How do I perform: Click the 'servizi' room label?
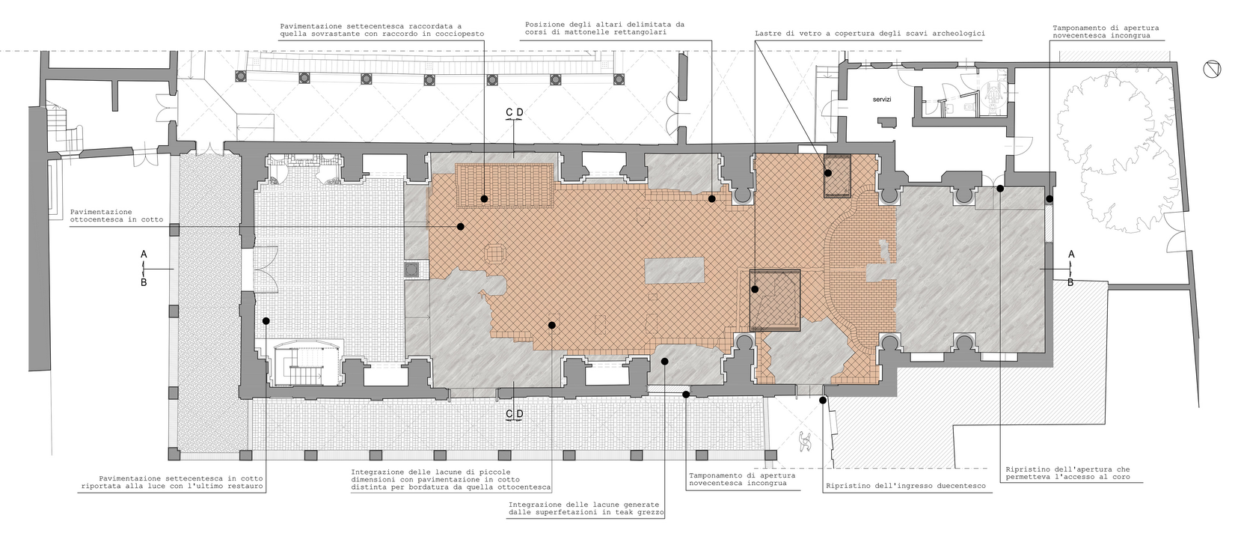coord(881,100)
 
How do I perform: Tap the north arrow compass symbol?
coord(1212,70)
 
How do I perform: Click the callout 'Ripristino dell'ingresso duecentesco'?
coord(905,487)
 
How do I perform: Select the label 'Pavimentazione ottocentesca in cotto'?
coord(117,216)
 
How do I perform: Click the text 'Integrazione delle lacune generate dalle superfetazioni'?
coord(586,509)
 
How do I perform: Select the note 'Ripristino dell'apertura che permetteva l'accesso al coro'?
coord(1067,472)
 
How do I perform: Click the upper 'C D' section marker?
coord(515,113)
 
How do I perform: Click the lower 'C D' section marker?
coord(515,414)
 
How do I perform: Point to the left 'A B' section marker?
coord(144,268)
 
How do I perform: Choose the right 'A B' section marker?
coord(1071,268)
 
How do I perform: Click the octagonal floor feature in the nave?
coord(494,254)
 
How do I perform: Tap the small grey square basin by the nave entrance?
coord(412,269)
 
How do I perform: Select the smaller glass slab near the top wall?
coord(837,176)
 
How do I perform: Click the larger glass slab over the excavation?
coord(775,300)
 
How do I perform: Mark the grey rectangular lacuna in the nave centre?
coord(674,270)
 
